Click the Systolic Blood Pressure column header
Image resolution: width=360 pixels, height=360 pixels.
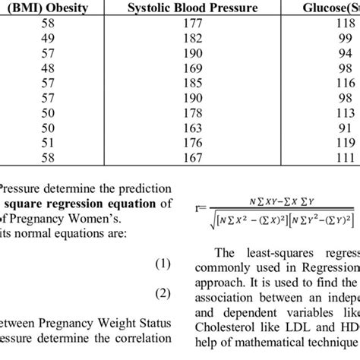(x=193, y=10)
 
